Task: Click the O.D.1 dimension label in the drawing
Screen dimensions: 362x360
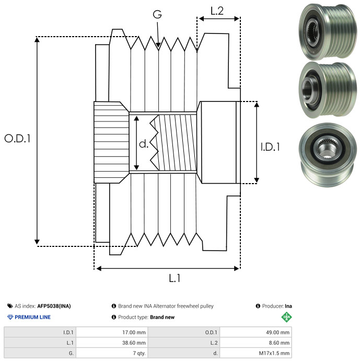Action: point(18,139)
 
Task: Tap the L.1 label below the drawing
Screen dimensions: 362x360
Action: point(175,278)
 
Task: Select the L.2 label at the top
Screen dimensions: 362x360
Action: point(217,11)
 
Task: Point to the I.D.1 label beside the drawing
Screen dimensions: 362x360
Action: point(270,148)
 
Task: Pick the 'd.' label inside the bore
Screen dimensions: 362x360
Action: point(144,143)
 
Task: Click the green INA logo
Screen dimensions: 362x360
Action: point(286,316)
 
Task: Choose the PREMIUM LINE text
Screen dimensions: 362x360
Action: point(33,317)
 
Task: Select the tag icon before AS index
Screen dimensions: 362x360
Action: point(10,306)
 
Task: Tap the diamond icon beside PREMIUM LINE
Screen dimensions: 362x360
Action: point(10,317)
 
